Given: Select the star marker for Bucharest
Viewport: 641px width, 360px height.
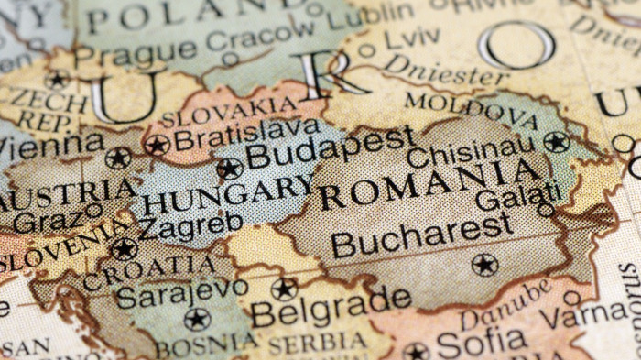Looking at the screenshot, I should (x=484, y=265).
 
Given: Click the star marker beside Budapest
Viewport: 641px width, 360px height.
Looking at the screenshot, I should (x=229, y=169).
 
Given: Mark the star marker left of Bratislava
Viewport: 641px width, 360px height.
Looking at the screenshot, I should (x=157, y=145).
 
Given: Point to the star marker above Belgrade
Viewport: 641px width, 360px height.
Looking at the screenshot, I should (x=284, y=289).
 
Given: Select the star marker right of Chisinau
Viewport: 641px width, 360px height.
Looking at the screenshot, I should (x=556, y=141).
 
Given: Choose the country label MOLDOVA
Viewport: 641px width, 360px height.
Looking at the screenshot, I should (x=471, y=108).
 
